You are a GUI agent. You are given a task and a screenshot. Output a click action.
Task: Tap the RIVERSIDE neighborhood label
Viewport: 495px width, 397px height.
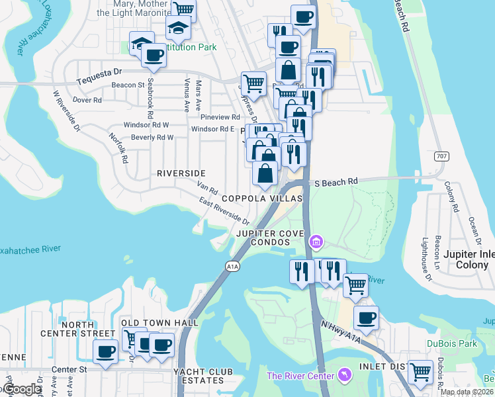click(181, 173)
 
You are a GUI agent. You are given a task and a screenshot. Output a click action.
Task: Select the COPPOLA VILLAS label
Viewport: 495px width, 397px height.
click(262, 198)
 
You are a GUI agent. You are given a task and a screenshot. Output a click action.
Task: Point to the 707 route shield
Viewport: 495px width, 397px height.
click(442, 157)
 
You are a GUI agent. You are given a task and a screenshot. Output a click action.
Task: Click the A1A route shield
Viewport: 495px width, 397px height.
click(232, 266)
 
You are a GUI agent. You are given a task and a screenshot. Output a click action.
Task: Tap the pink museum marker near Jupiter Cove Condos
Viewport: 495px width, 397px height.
click(316, 242)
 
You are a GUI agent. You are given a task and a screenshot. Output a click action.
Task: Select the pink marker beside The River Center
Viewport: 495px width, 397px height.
click(343, 376)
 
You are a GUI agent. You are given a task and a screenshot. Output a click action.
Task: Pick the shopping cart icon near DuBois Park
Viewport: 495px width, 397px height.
click(420, 373)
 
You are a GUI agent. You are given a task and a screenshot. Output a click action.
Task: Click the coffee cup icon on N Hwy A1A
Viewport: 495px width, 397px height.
click(366, 318)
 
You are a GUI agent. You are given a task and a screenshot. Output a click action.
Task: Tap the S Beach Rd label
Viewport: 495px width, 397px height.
click(336, 181)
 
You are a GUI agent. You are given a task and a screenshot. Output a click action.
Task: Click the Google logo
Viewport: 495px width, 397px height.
click(21, 389)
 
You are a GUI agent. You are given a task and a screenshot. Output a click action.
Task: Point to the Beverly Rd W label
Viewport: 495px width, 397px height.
click(152, 138)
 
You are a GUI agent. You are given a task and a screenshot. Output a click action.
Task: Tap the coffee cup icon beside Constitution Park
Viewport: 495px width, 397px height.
click(154, 56)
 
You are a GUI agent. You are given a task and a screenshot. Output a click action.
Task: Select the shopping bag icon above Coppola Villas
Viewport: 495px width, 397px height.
click(265, 174)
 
